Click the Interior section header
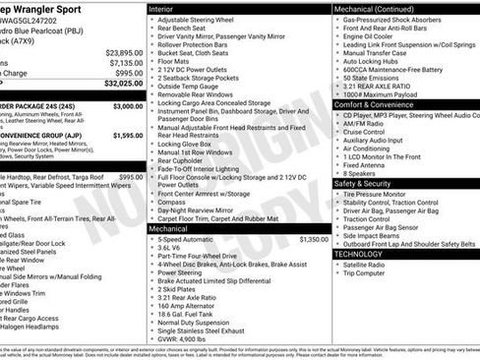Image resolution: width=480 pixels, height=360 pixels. [161, 8]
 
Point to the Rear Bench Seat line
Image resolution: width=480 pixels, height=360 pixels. [186, 29]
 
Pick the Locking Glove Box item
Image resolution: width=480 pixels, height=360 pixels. [189, 144]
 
